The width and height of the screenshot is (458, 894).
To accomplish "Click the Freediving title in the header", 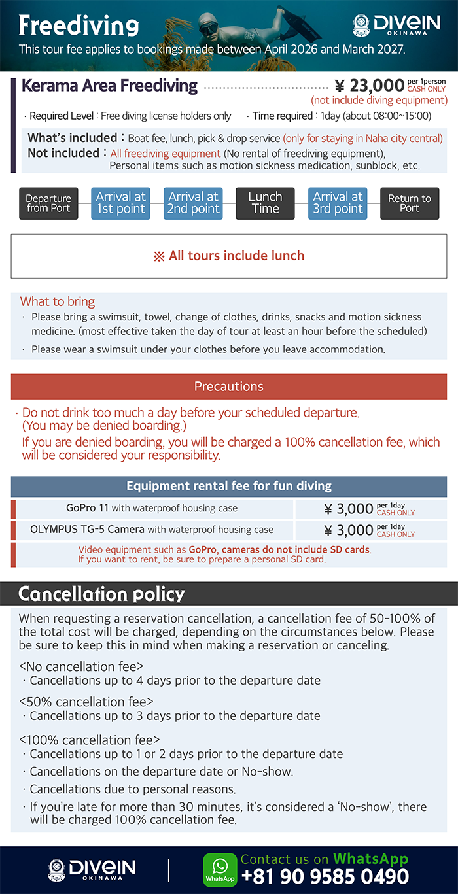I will tap(79, 26).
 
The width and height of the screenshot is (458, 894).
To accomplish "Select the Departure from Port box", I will tap(48, 203).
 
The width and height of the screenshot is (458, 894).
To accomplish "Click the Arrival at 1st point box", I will tap(121, 203).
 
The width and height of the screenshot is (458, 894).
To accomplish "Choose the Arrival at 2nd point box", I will tap(193, 203).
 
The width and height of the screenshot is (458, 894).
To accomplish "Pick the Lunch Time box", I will tap(265, 203).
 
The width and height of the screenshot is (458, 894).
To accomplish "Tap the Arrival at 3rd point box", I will tap(338, 203).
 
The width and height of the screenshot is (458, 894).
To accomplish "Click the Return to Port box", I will tap(410, 203).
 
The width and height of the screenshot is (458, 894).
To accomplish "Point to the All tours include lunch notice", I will tap(229, 256).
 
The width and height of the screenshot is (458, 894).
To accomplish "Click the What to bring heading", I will tap(58, 301).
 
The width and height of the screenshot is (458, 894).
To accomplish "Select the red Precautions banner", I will tap(229, 387).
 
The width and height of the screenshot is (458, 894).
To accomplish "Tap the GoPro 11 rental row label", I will tap(152, 508).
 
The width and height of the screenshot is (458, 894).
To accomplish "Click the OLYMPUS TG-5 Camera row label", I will tap(152, 530).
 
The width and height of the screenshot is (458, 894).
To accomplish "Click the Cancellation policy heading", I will tap(101, 594).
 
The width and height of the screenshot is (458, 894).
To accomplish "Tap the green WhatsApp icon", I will tap(220, 870).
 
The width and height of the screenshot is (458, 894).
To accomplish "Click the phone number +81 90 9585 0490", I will tap(325, 877).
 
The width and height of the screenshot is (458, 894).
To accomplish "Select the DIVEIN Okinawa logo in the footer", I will tap(92, 870).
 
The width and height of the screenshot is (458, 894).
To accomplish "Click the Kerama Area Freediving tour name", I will tap(109, 86).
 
